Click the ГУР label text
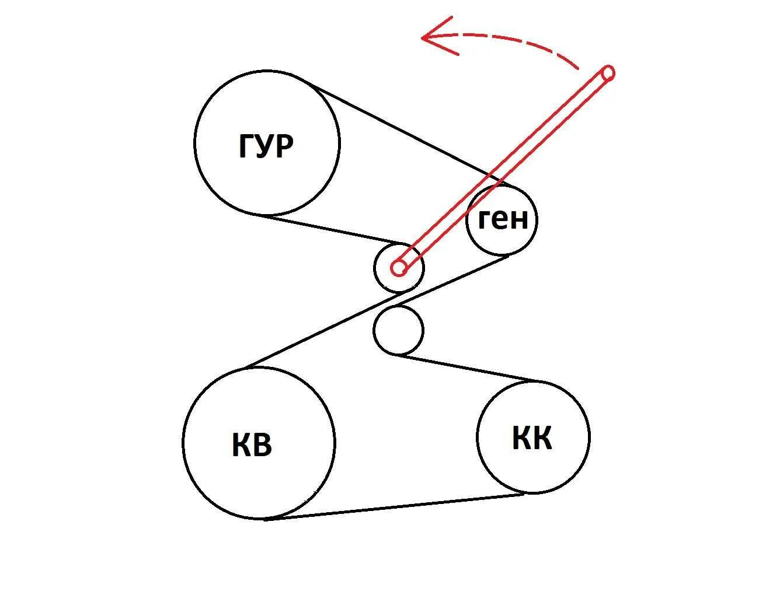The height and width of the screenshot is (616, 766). (x=266, y=146)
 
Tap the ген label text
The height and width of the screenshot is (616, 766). (x=502, y=219)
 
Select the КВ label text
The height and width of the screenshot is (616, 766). (x=252, y=445)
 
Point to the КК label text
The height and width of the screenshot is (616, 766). (x=532, y=438)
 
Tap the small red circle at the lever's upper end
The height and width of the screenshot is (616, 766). (x=608, y=73)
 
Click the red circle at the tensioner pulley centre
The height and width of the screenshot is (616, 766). (x=399, y=268)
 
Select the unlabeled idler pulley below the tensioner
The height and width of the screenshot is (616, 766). (x=398, y=330)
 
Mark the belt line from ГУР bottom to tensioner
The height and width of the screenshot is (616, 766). (x=333, y=230)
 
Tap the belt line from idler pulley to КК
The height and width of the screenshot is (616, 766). (x=467, y=368)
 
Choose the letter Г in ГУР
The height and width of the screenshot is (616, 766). (x=246, y=146)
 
